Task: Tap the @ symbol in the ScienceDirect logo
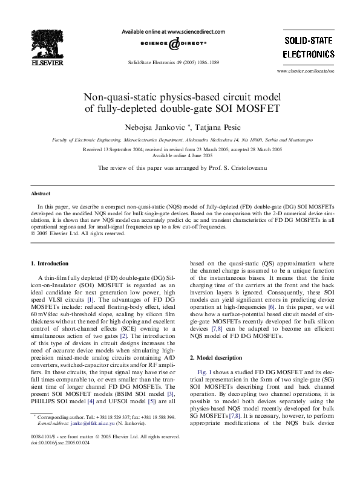[174, 43]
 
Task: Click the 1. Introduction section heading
[50, 264]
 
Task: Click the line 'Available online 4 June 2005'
[180, 154]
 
